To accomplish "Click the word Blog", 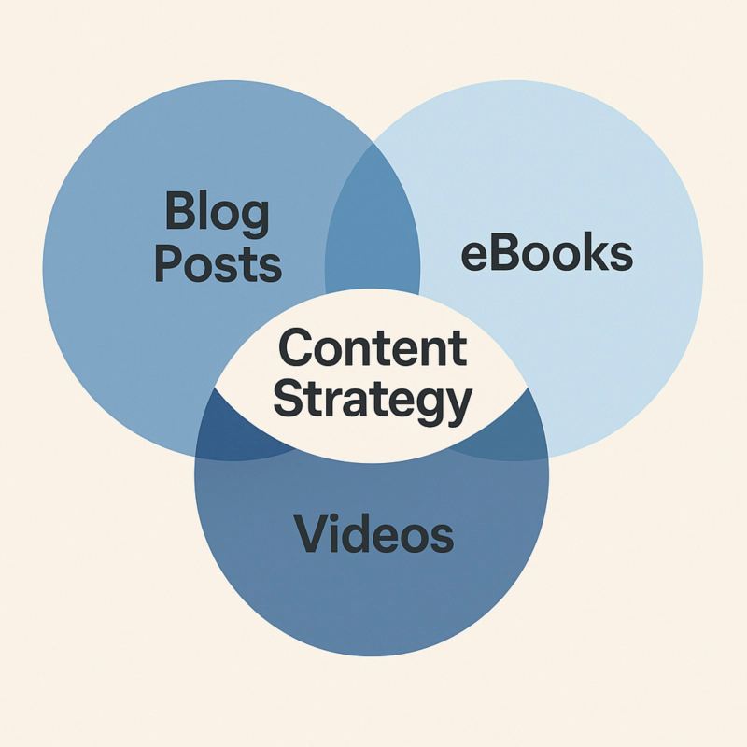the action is pyautogui.click(x=217, y=215).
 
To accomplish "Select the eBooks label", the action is pyautogui.click(x=548, y=254).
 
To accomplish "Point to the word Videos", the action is pyautogui.click(x=373, y=534).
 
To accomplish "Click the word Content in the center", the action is pyautogui.click(x=373, y=349).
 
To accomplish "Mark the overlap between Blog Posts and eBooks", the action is pyautogui.click(x=372, y=233).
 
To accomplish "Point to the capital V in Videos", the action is pyautogui.click(x=311, y=533).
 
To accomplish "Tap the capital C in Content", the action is pyautogui.click(x=296, y=349).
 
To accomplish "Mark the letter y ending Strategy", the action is pyautogui.click(x=458, y=406).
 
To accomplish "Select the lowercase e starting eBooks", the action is pyautogui.click(x=474, y=258).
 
